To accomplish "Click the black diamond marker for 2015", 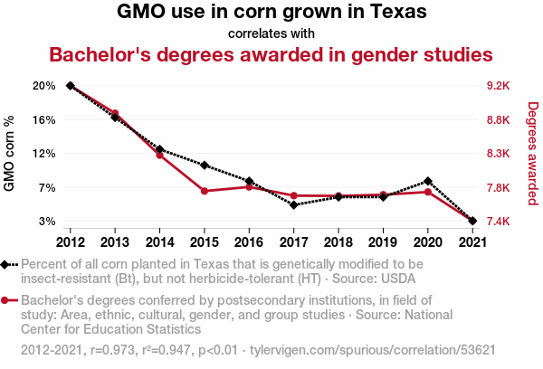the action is coord(205,166).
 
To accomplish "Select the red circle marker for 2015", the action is coord(205,191).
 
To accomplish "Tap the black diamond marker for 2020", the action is coord(428,181).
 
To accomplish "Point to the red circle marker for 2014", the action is coord(159,155).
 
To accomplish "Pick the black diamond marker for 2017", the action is coord(293,205).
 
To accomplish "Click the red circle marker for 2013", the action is coord(115,113).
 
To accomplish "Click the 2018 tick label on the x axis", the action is coord(338,242).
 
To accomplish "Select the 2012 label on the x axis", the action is coord(71,242).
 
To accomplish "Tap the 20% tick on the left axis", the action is coord(44,86).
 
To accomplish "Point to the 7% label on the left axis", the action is coord(47,187).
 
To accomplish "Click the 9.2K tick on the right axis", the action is coord(499,86).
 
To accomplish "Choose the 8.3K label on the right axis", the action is coord(499,154).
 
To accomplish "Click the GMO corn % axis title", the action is coord(9,154).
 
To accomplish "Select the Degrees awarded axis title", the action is coord(533,154).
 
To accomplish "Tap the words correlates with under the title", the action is coord(271,33).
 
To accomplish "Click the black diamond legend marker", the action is coord(5,265).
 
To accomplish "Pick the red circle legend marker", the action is coord(5,300).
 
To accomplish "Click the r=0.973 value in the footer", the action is coord(112,350).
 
